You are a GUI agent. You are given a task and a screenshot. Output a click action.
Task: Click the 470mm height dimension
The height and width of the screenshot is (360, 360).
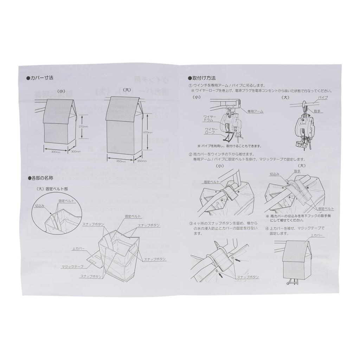pyautogui.click(x=149, y=133)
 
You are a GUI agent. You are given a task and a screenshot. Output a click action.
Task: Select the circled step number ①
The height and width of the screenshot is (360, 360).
pyautogui.click(x=190, y=85)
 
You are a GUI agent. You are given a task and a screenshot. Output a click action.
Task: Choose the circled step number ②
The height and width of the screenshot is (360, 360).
pyautogui.click(x=190, y=154)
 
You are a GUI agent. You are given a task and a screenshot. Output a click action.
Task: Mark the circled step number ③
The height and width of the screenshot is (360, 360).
pyautogui.click(x=190, y=223)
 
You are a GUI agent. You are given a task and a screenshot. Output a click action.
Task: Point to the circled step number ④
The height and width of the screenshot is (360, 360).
pyautogui.click(x=267, y=228)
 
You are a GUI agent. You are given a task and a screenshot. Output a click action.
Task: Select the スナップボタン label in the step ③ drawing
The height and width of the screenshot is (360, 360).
pyautogui.click(x=247, y=277)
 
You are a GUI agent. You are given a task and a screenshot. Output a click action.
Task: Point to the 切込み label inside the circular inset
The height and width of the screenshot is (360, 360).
pyautogui.click(x=40, y=205)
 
